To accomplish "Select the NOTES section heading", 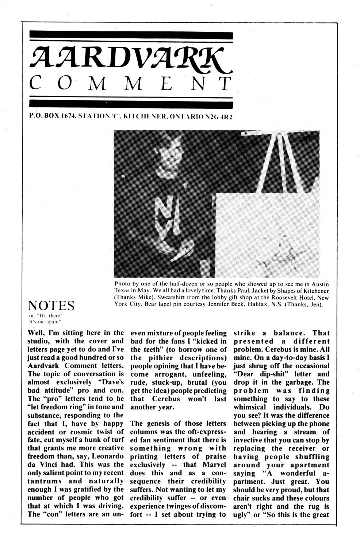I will [51, 305].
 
